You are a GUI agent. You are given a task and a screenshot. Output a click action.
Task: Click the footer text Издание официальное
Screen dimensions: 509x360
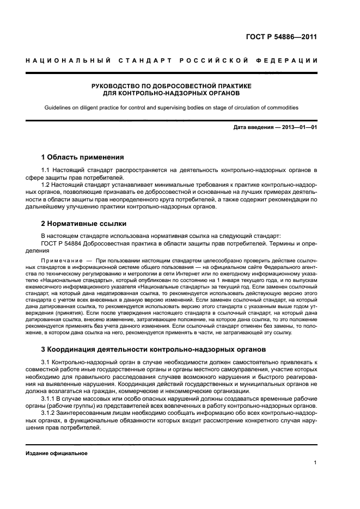point(57,453)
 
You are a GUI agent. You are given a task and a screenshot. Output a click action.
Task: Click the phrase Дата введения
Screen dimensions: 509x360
point(251,128)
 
